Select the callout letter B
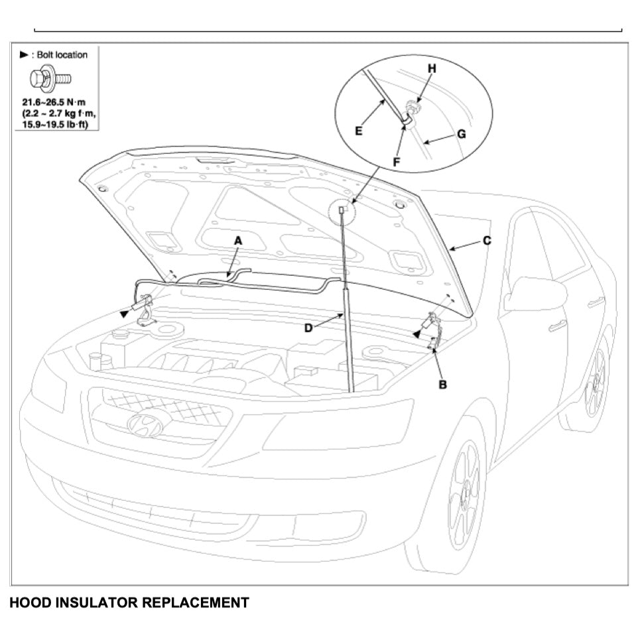[442, 384]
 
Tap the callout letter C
[487, 240]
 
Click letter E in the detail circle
[358, 131]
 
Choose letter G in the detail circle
[462, 133]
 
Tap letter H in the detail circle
[432, 68]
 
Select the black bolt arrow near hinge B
[416, 336]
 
